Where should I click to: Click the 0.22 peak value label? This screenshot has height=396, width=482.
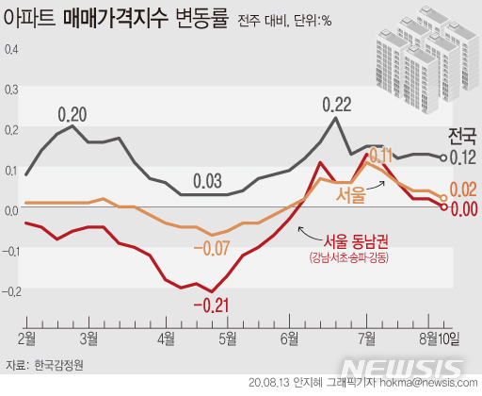(336, 104)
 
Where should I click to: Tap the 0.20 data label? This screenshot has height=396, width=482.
(72, 115)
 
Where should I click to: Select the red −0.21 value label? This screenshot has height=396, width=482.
(212, 305)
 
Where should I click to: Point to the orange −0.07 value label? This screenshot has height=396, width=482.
(212, 249)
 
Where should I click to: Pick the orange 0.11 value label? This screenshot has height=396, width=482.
(379, 155)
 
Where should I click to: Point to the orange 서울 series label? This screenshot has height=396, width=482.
(351, 194)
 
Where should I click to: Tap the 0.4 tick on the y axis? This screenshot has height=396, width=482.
(10, 48)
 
